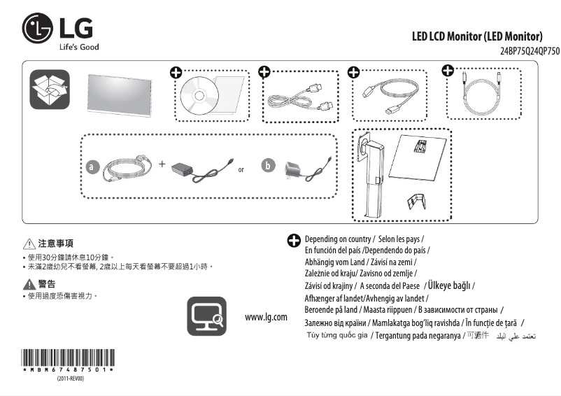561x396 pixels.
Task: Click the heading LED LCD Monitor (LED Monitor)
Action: click(x=476, y=36)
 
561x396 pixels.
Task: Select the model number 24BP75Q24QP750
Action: click(x=530, y=52)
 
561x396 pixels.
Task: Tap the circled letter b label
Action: click(x=268, y=166)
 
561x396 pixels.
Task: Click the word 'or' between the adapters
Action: click(x=241, y=170)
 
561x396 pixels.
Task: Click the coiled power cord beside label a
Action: click(x=128, y=169)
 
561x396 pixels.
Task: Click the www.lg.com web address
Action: click(x=266, y=317)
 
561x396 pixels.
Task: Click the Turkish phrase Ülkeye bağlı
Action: click(x=449, y=285)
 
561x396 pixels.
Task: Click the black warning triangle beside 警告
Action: click(x=29, y=284)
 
